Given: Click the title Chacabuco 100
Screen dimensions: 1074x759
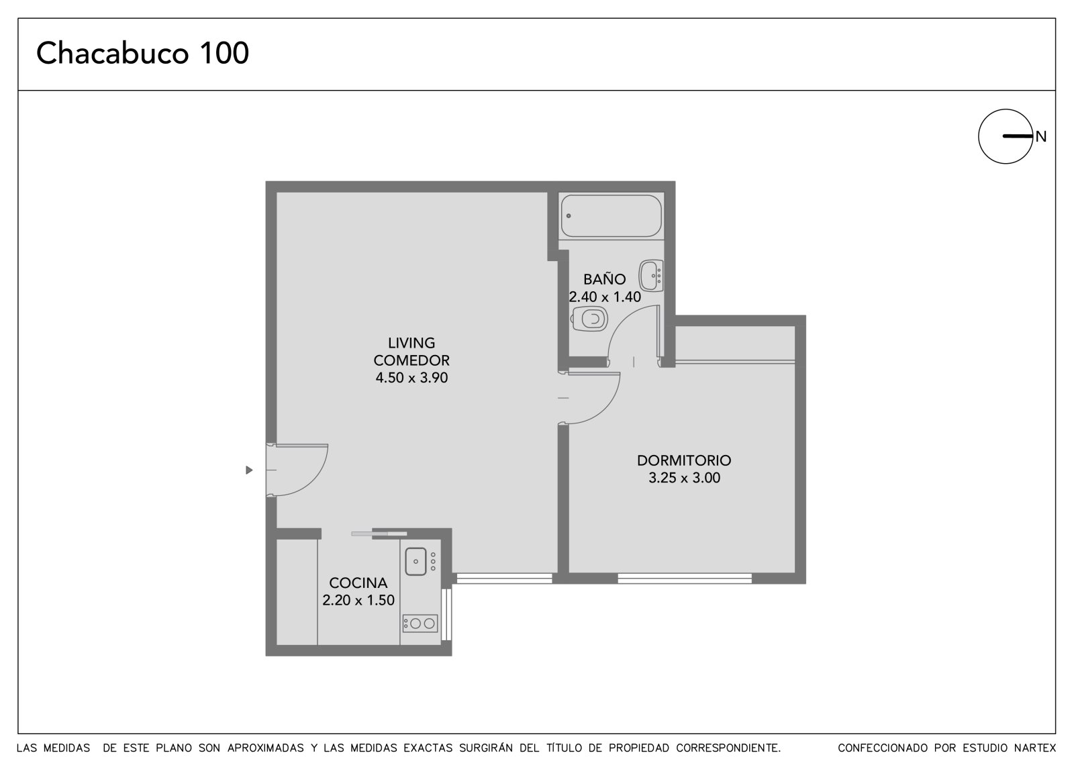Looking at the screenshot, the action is [142, 53].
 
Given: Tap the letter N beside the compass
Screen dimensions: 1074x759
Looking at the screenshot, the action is [1040, 137].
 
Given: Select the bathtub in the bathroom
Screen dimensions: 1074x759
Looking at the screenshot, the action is [612, 215].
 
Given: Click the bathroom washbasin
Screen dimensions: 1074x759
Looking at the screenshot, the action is [651, 276].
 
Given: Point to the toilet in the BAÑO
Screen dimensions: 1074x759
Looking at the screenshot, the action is [589, 318].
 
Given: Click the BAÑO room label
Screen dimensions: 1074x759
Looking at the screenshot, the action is [604, 279].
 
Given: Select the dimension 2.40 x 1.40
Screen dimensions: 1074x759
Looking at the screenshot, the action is [605, 297].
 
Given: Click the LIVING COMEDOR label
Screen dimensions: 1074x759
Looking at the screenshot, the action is [411, 352].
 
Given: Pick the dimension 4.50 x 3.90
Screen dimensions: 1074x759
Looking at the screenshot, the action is [411, 378].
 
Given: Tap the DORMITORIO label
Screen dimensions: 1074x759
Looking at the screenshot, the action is [684, 460].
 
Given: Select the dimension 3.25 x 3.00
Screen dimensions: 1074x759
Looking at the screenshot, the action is [684, 478].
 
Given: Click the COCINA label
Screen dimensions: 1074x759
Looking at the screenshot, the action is [358, 583].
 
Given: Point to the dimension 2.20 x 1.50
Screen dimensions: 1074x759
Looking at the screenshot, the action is [358, 600].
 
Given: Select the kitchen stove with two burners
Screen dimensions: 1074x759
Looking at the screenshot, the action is [420, 623].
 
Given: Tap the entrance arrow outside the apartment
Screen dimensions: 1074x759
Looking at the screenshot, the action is [249, 470].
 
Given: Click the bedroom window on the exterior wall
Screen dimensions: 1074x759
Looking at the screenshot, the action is [684, 578].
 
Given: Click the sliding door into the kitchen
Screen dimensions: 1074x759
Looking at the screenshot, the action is [379, 533].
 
